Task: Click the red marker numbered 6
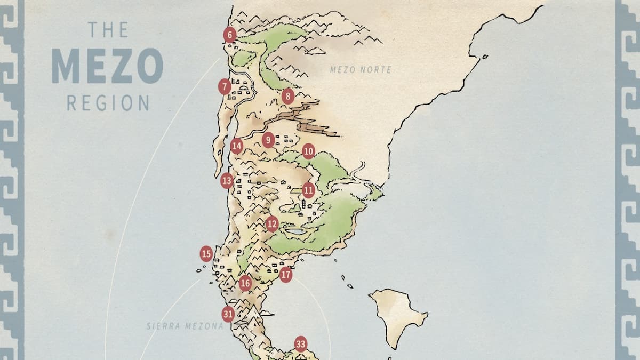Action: (229, 35)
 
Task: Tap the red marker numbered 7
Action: (225, 86)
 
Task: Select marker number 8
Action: (288, 96)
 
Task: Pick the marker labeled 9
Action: (268, 140)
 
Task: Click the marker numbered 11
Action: (308, 190)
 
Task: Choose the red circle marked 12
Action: (272, 224)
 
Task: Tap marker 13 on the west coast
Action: (227, 181)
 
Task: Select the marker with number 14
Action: (237, 146)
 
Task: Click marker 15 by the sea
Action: (206, 254)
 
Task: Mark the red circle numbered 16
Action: (245, 283)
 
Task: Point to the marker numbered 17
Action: (286, 275)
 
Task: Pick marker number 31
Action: (228, 314)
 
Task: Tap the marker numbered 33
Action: (301, 345)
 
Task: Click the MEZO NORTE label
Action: (361, 69)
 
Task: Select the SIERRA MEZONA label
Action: (185, 325)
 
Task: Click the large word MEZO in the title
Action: (107, 66)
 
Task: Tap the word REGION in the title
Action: (108, 102)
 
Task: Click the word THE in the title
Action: (108, 29)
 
